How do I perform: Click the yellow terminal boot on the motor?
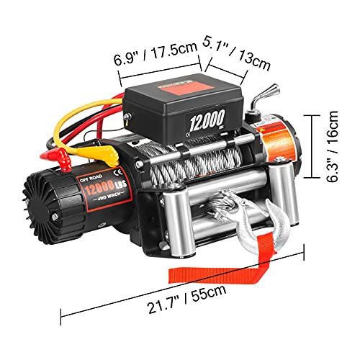point(106,154)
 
